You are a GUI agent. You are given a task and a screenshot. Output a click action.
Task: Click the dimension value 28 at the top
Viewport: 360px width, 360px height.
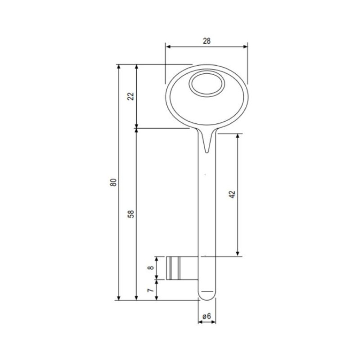point(207,40)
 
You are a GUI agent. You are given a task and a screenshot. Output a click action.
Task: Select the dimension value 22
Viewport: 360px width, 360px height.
point(130,96)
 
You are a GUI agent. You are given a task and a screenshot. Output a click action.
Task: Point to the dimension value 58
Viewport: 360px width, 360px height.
point(130,214)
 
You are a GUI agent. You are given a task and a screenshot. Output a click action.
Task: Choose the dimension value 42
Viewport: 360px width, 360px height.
point(232,194)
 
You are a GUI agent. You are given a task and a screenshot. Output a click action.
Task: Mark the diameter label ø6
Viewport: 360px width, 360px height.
point(207,316)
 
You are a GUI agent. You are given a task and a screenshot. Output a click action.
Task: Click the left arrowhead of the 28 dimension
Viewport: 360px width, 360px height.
point(168,46)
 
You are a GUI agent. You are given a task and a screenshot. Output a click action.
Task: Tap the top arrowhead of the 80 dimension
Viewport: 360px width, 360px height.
point(119,67)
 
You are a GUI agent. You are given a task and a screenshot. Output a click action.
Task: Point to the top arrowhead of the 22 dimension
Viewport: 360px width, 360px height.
point(136,67)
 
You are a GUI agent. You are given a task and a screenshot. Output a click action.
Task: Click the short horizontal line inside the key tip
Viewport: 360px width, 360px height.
point(207,292)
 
